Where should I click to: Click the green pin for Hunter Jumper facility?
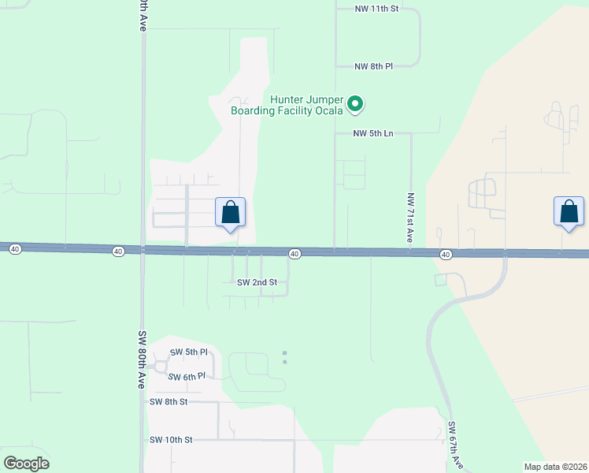click(355, 102)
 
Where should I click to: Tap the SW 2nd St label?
click(257, 282)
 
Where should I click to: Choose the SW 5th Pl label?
click(189, 352)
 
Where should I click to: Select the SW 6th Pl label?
click(187, 377)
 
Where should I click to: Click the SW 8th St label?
click(169, 402)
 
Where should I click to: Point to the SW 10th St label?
click(171, 440)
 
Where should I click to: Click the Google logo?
click(26, 464)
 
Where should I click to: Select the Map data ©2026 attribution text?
click(554, 467)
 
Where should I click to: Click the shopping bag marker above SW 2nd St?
click(230, 213)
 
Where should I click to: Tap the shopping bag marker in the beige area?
click(569, 213)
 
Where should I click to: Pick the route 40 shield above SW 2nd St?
click(294, 254)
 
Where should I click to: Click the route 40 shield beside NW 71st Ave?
click(446, 255)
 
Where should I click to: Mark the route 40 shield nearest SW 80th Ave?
click(118, 251)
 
